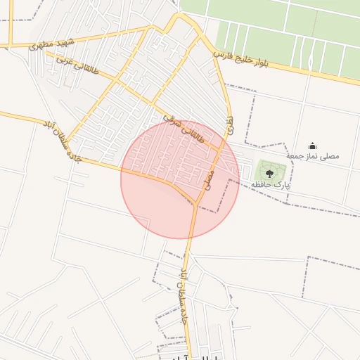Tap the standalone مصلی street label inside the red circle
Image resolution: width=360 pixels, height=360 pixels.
[x=208, y=180]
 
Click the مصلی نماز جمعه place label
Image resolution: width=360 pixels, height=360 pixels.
[x=312, y=155]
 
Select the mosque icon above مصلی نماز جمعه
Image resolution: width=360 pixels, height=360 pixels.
[x=312, y=146]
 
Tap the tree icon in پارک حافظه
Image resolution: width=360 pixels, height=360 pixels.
[x=269, y=172]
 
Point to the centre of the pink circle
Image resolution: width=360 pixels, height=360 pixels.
[x=180, y=179]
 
